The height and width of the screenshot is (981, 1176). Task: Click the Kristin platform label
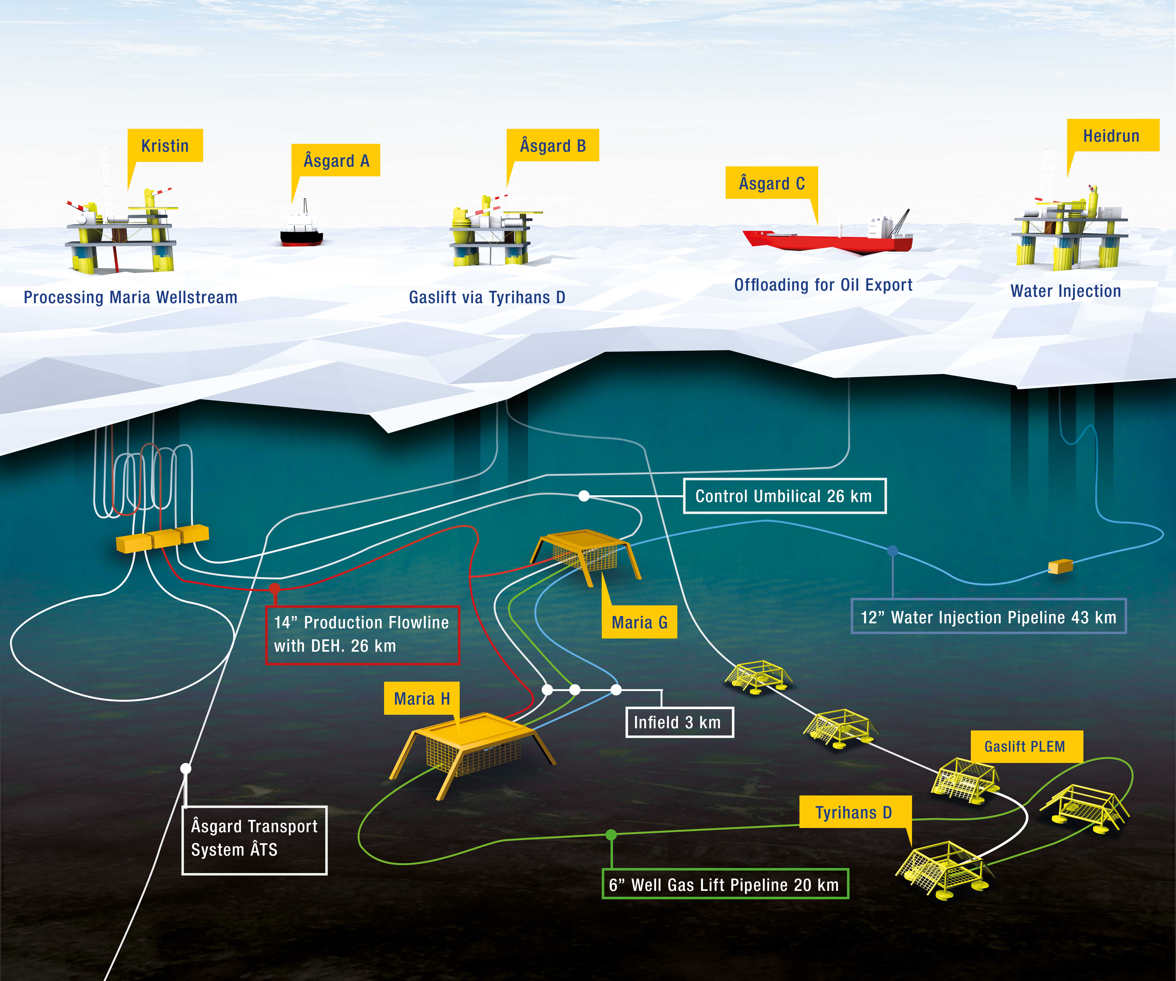click(165, 146)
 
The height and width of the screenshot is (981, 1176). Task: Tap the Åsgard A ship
click(301, 227)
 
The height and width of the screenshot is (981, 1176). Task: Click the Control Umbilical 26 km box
click(785, 496)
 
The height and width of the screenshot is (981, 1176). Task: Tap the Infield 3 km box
click(679, 722)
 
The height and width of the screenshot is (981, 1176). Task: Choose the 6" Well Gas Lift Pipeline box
click(725, 884)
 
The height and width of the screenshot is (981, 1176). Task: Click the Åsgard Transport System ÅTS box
click(254, 840)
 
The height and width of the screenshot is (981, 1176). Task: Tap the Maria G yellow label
click(639, 622)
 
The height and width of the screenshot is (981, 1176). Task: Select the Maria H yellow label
click(422, 698)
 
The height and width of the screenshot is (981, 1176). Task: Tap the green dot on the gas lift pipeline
click(612, 835)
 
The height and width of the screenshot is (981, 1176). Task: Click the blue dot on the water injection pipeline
click(893, 551)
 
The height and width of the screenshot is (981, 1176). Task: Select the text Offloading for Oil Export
click(823, 285)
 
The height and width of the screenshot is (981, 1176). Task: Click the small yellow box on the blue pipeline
click(1060, 567)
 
